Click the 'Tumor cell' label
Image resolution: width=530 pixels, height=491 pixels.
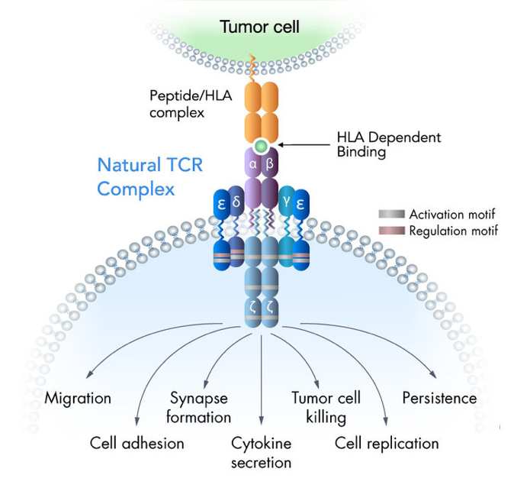click(x=259, y=28)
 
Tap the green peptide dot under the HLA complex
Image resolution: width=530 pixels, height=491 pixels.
click(x=262, y=145)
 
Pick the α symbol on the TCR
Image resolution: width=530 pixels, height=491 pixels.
click(x=252, y=163)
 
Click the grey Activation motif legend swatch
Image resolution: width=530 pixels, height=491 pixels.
click(x=393, y=215)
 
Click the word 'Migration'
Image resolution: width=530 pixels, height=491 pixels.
click(x=78, y=398)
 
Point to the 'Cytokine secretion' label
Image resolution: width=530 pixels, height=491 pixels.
click(x=262, y=453)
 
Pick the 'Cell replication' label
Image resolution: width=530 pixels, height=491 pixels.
click(x=387, y=443)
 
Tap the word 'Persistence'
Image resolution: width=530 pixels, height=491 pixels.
click(x=439, y=398)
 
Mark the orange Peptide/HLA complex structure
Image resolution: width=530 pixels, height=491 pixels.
click(x=262, y=110)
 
